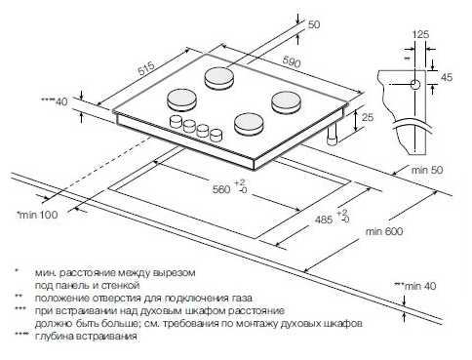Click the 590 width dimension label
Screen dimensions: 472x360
pyautogui.click(x=292, y=61)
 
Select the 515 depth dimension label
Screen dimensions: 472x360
pyautogui.click(x=146, y=69)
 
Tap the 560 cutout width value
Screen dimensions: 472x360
pyautogui.click(x=221, y=189)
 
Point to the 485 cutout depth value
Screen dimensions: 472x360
pyautogui.click(x=324, y=220)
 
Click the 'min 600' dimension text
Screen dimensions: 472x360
pyautogui.click(x=384, y=231)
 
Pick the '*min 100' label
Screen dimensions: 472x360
pyautogui.click(x=37, y=215)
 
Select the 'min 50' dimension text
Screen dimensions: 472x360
pyautogui.click(x=427, y=170)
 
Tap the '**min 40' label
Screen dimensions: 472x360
pyautogui.click(x=415, y=286)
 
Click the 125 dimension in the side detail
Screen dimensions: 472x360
pyautogui.click(x=420, y=34)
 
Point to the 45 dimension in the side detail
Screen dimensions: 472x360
pyautogui.click(x=447, y=77)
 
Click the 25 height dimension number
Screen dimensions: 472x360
pyautogui.click(x=368, y=117)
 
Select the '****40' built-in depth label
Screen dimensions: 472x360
pyautogui.click(x=55, y=101)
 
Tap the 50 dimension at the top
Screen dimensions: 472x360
pyautogui.click(x=314, y=24)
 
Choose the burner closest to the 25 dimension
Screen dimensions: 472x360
pyautogui.click(x=286, y=102)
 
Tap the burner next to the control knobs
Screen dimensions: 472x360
pyautogui.click(x=248, y=124)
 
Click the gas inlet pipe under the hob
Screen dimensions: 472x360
pyautogui.click(x=332, y=136)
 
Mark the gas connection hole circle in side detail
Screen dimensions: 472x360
pyautogui.click(x=415, y=85)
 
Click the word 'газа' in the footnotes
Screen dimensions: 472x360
pyautogui.click(x=242, y=298)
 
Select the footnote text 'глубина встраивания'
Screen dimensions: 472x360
pyautogui.click(x=86, y=337)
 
